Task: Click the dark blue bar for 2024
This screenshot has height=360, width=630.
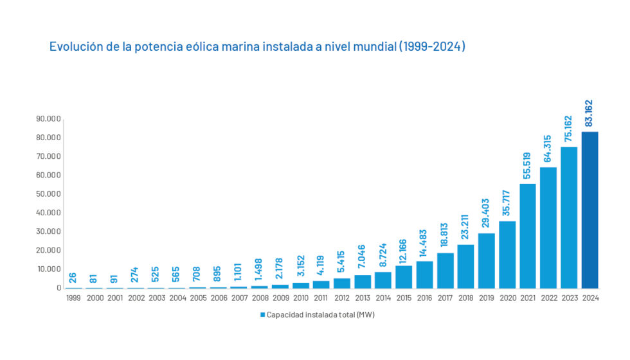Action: pos(589,210)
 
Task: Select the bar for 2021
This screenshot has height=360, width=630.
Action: pos(528,236)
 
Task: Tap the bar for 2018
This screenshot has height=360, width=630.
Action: pos(465,266)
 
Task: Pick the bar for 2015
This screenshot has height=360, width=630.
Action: pos(404,276)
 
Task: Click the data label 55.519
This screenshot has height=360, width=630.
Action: pos(527,166)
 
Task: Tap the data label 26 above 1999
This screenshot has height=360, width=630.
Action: pos(73,278)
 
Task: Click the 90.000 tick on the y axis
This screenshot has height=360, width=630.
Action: pos(48,119)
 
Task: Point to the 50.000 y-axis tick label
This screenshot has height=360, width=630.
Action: pos(48,194)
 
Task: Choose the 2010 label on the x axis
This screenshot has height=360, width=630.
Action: pos(301,298)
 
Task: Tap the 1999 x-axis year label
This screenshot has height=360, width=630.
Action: pos(73,298)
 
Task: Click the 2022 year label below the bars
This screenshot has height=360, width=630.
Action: pos(548,298)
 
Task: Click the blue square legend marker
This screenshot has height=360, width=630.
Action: pos(262,315)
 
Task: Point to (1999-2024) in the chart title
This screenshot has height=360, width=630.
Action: pos(431,47)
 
